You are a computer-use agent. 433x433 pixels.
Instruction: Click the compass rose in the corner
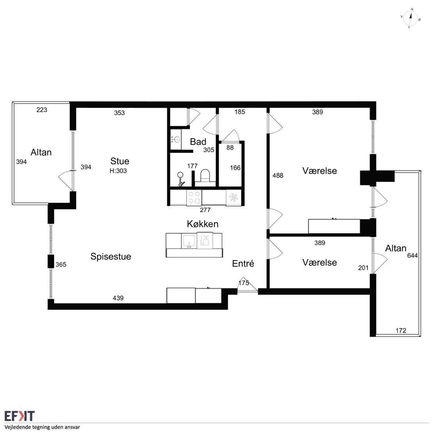pyautogui.click(x=410, y=18)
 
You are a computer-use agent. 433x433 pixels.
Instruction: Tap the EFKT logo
pyautogui.click(x=20, y=415)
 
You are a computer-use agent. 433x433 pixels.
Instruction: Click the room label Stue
pyautogui.click(x=120, y=161)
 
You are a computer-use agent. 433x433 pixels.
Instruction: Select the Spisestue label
pyautogui.click(x=111, y=257)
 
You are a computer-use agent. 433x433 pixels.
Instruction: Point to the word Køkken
pyautogui.click(x=202, y=224)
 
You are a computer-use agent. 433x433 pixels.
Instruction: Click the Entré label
pyautogui.click(x=243, y=263)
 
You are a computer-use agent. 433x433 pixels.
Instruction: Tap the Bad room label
pyautogui.click(x=198, y=142)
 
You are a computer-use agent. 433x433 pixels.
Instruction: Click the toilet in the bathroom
pyautogui.click(x=205, y=177)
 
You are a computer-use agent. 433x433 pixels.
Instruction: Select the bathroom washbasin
pyautogui.click(x=176, y=139)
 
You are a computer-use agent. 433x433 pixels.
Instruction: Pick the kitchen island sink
pyautogui.click(x=189, y=241)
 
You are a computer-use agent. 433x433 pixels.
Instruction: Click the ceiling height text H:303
pyautogui.click(x=118, y=171)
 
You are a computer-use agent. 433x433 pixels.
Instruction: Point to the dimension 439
pyautogui.click(x=118, y=298)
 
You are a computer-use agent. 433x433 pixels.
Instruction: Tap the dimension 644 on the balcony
pyautogui.click(x=412, y=256)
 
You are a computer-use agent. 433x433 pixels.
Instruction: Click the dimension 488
pyautogui.click(x=278, y=176)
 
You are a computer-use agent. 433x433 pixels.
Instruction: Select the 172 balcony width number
pyautogui.click(x=401, y=330)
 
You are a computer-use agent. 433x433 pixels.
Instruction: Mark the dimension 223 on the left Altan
pyautogui.click(x=42, y=110)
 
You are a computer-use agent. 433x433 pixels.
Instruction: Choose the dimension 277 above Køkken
pyautogui.click(x=205, y=210)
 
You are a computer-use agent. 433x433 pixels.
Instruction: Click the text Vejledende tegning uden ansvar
pyautogui.click(x=42, y=427)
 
